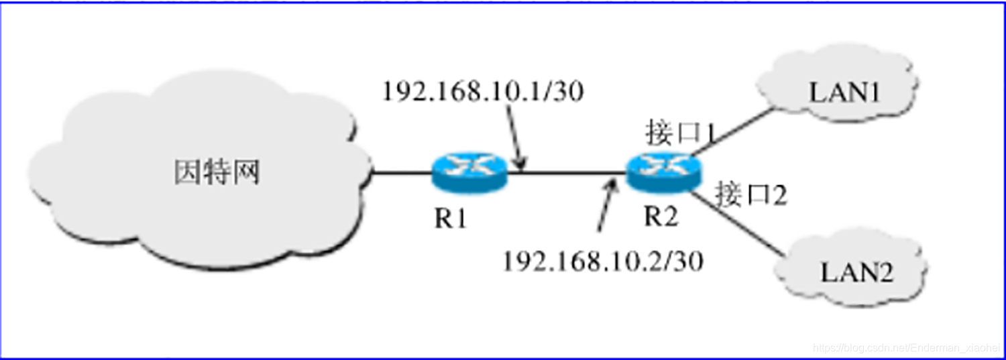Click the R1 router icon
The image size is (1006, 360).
point(469,172)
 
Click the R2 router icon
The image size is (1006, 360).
point(662,172)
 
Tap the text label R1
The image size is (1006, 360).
point(450,219)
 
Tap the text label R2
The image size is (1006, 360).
point(661,216)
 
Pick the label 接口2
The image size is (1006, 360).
point(750,195)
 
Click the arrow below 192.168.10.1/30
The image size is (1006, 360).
point(517,139)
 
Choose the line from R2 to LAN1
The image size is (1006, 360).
point(734,134)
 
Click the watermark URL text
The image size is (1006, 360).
point(906,348)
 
